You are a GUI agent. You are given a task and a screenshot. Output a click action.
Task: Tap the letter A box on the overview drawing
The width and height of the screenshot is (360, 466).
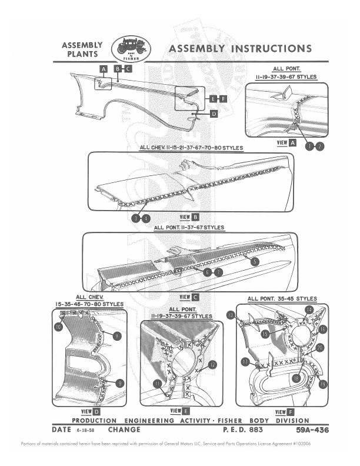tap(103, 69)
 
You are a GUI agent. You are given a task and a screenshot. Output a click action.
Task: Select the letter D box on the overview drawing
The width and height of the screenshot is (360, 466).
tap(214, 114)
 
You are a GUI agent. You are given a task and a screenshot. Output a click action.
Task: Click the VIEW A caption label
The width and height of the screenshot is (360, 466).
tap(285, 142)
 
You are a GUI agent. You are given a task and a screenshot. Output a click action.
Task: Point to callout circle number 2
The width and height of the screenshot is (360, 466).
tap(319, 147)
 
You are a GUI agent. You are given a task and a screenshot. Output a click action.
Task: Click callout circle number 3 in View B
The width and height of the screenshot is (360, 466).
tap(135, 218)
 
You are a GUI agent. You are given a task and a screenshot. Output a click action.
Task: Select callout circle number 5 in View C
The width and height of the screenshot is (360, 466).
tap(254, 261)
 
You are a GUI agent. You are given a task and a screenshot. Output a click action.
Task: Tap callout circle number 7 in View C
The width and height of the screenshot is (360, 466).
tap(218, 272)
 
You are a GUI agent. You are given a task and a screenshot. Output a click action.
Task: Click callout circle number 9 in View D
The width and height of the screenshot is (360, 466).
tap(120, 383)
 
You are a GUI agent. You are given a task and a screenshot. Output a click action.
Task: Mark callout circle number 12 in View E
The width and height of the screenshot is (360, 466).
tap(212, 365)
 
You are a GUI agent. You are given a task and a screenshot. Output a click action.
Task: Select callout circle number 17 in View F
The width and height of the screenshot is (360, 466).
tap(245, 363)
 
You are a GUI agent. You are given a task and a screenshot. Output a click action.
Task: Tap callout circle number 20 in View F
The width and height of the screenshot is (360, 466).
tap(320, 348)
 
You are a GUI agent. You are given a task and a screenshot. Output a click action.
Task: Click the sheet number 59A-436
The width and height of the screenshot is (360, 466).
tap(312, 431)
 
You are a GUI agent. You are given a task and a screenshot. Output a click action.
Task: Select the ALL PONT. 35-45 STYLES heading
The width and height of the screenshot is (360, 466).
tap(282, 299)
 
